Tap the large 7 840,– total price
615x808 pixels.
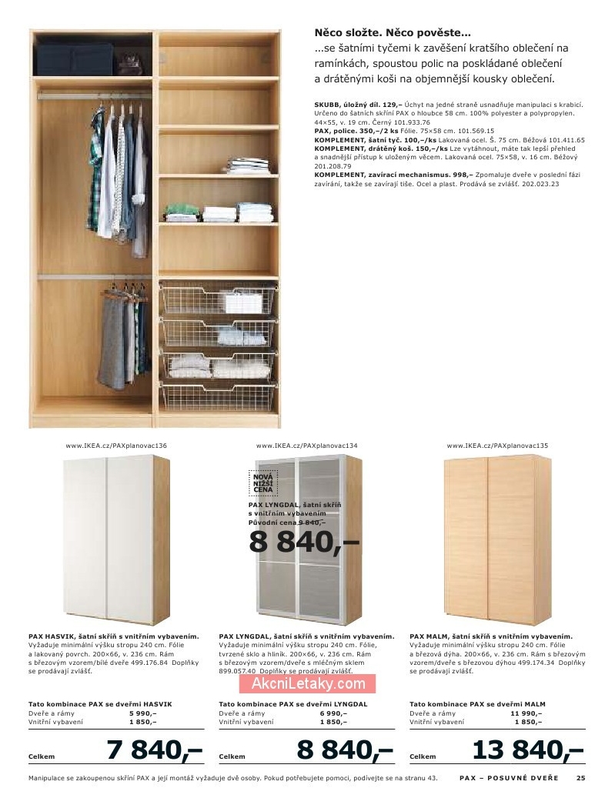point(154,749)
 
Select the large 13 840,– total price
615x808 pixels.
point(528,749)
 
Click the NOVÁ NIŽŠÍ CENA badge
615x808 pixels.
point(263,482)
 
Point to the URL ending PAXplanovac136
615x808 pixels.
point(116,446)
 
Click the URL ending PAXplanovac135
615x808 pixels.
point(497,446)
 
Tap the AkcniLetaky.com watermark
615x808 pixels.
point(307,683)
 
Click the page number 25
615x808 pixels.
point(581,778)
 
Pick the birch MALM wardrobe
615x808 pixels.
point(497,540)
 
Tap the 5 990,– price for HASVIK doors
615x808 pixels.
point(142,713)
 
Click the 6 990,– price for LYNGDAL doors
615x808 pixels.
point(333,713)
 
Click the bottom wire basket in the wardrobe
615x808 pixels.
point(216,393)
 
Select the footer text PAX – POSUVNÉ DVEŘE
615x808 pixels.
point(508,778)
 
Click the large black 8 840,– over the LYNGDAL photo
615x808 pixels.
point(303,542)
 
